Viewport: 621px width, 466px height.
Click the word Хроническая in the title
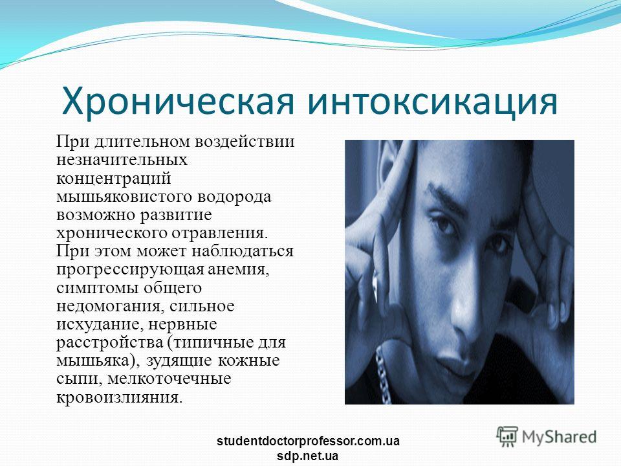[x=179, y=102]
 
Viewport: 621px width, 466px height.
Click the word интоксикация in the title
[x=433, y=102]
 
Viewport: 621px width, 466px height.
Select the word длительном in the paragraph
[x=143, y=142]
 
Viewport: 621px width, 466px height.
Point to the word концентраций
[x=114, y=179]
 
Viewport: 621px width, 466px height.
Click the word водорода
[x=234, y=197]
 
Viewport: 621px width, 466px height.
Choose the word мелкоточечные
[x=169, y=379]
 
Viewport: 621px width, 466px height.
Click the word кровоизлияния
[x=120, y=397]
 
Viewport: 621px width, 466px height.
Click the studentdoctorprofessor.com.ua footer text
[x=308, y=441]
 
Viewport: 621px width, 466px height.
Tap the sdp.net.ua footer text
[x=308, y=456]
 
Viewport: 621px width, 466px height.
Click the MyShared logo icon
[x=507, y=436]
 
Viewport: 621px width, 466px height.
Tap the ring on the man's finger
[x=375, y=280]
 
